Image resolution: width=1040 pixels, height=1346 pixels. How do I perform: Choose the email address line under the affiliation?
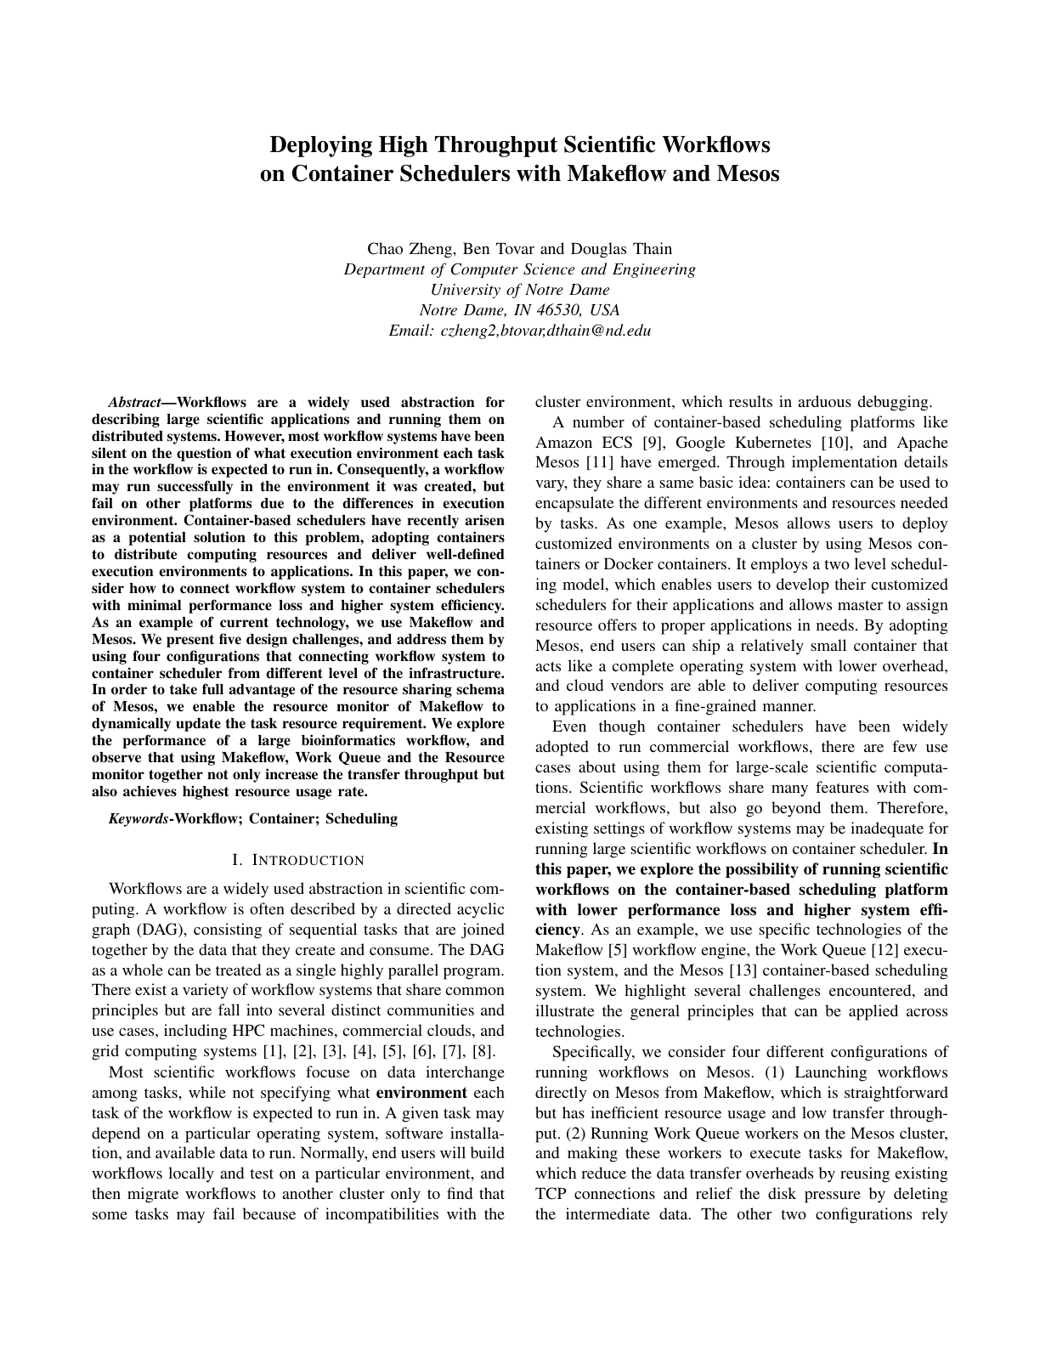coord(519,331)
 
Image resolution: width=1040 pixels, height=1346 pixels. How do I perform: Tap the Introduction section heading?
coord(297,860)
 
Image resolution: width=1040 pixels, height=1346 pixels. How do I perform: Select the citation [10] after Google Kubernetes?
coord(838,443)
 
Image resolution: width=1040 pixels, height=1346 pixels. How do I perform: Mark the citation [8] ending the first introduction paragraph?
coord(483,1052)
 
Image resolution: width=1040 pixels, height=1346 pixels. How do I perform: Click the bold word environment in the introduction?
coord(421,1093)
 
